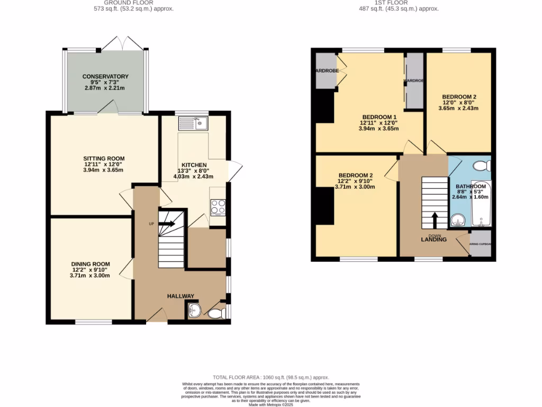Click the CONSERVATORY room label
pos(105,76)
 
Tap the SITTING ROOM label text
pos(104,158)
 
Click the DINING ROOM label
pos(91,264)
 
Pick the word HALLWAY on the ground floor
pos(181,296)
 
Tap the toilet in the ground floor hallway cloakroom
pos(216,314)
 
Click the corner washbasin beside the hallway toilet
pos(193,311)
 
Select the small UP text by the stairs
pos(151,224)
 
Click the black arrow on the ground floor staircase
pos(168,224)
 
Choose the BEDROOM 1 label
pos(379,117)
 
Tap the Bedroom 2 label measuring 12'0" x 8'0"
pos(459,97)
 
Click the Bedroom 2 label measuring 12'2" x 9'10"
pos(356,175)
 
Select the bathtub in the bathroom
pos(482,204)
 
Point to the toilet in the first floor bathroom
pos(482,166)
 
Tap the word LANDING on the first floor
pos(433,240)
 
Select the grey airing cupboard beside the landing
pos(481,244)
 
